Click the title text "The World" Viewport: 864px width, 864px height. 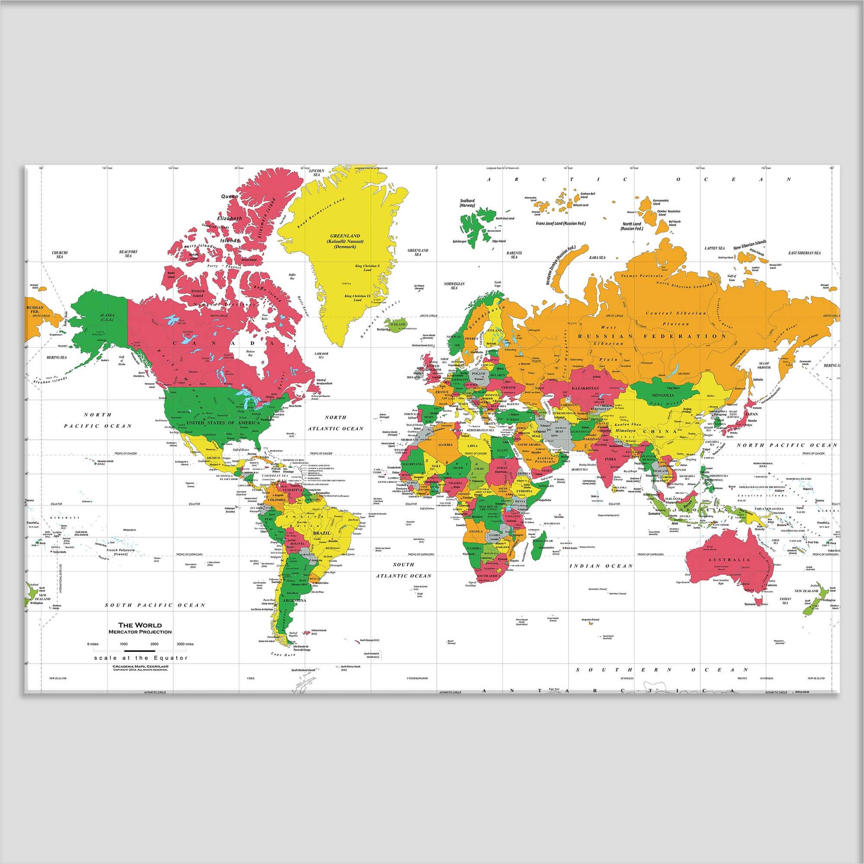tap(140, 625)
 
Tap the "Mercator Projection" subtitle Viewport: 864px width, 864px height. tap(140, 632)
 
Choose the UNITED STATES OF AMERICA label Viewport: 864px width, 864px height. tap(223, 422)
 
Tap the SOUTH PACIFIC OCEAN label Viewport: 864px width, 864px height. tap(155, 605)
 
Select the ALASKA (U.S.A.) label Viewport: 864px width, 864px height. tap(107, 317)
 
